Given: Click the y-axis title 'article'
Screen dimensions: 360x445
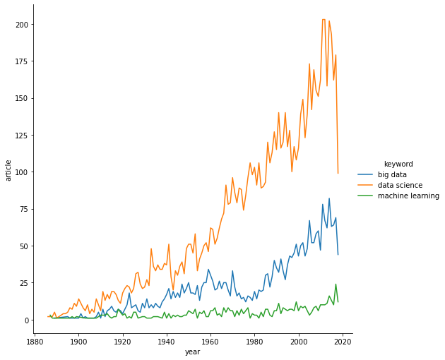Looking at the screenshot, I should click(x=8, y=170).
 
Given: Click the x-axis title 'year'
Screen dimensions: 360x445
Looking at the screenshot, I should click(x=192, y=352).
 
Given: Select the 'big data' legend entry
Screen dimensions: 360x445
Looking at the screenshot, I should click(x=392, y=174).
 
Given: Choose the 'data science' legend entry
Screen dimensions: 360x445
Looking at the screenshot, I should click(x=400, y=185).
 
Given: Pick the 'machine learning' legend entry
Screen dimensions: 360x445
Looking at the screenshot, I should click(x=408, y=196).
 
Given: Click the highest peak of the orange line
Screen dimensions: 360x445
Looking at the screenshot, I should click(x=324, y=20).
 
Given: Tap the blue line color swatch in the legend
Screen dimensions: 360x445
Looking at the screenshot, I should click(x=366, y=174).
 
